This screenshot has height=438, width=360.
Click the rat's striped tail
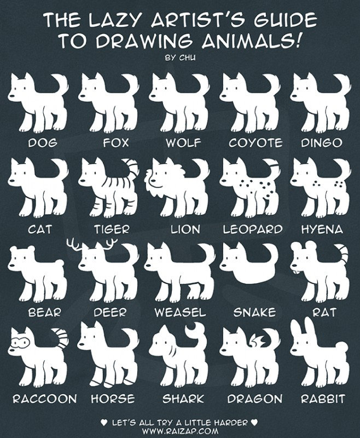point(342,253)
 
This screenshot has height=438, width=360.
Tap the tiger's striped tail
point(131,166)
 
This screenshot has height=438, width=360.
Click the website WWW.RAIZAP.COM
point(179,432)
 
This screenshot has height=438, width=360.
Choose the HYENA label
point(321,229)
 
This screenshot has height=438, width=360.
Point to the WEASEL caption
point(180,313)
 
